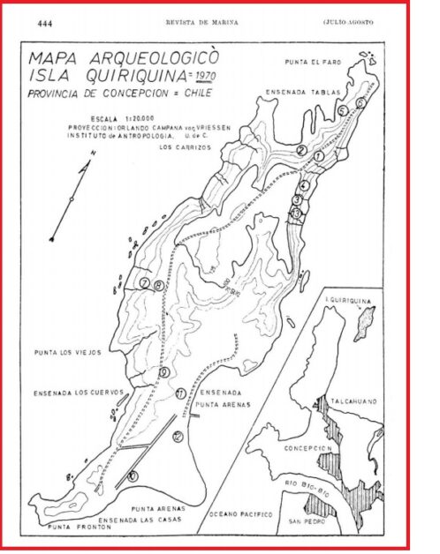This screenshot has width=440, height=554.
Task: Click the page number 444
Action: click(45, 23)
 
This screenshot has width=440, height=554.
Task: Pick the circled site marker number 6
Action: click(360, 103)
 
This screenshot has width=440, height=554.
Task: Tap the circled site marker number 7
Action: click(143, 282)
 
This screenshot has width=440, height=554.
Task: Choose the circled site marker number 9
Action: click(164, 373)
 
